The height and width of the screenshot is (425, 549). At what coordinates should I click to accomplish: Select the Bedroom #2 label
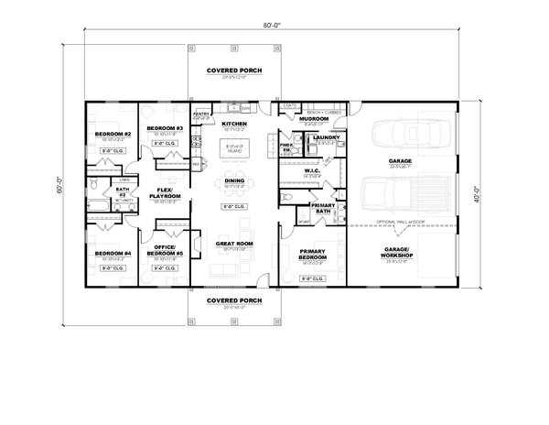coord(113,135)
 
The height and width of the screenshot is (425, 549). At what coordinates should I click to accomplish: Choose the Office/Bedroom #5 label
coord(166,249)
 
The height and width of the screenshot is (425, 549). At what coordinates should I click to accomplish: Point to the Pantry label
coord(201,114)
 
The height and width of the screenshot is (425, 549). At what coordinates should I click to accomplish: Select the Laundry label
coord(326,138)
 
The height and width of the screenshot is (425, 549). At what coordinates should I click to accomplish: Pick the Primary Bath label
coord(321,208)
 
